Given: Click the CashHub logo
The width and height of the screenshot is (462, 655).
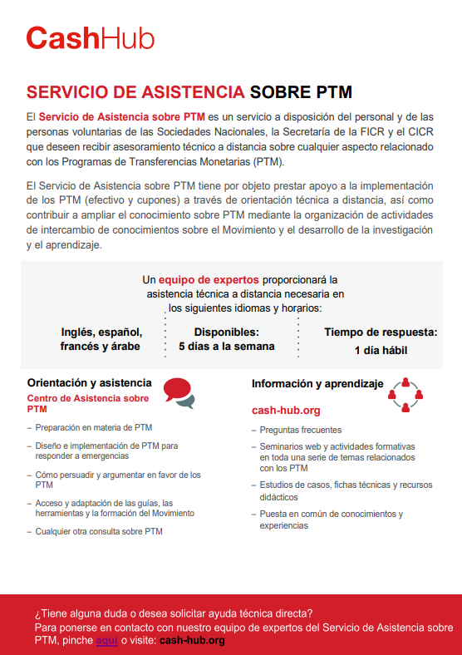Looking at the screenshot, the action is (x=90, y=38).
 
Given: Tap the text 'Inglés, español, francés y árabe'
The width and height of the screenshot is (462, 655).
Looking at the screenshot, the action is (x=100, y=338).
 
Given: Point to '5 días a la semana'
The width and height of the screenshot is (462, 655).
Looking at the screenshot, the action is (x=226, y=346).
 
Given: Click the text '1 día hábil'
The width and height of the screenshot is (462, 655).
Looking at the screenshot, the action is (x=381, y=350).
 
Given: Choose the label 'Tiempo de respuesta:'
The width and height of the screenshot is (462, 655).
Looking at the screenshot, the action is (x=381, y=332).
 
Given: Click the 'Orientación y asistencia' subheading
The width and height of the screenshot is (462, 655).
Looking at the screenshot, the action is (x=89, y=383).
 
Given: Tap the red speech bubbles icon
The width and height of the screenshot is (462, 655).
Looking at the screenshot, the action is (x=179, y=392).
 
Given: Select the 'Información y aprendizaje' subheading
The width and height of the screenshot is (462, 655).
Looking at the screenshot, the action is (x=317, y=384).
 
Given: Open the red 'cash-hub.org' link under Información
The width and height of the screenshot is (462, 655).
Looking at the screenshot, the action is (x=285, y=411).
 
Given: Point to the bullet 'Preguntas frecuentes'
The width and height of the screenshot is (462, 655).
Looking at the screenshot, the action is (x=300, y=430).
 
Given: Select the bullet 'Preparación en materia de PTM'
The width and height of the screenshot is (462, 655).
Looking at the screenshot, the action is (x=93, y=427).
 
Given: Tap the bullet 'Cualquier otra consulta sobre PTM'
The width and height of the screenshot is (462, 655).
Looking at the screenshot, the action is (x=98, y=531).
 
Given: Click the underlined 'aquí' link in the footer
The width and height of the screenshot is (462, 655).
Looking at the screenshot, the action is (x=107, y=640).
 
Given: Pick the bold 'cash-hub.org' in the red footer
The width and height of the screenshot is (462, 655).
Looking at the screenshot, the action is (x=191, y=640).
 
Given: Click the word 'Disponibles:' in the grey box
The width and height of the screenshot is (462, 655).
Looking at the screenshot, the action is (x=226, y=332).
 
